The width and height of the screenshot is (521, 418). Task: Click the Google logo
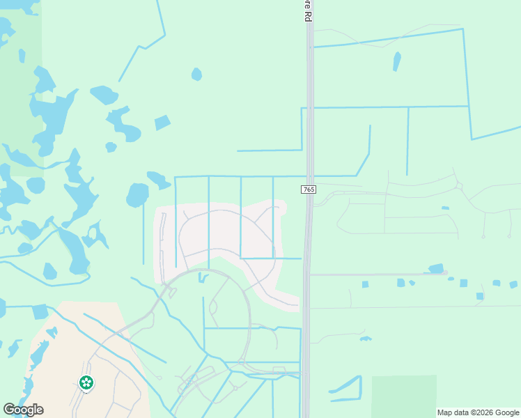(x=23, y=410)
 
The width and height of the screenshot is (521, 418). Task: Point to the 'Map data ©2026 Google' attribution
(x=478, y=412)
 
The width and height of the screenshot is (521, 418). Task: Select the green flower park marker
(x=86, y=382)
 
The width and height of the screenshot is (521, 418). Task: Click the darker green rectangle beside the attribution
(x=404, y=394)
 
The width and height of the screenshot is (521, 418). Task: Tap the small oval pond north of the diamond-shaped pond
(x=196, y=74)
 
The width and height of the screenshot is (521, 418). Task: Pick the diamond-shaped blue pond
(x=162, y=123)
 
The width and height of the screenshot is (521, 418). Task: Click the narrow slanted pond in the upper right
(x=396, y=61)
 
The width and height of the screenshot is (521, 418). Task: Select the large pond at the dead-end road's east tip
(x=436, y=268)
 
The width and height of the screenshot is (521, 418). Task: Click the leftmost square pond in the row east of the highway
(x=365, y=284)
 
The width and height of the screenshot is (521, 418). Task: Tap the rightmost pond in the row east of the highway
(x=513, y=284)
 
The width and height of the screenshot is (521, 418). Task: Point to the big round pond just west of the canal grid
(x=137, y=195)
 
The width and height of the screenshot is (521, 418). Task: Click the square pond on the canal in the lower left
(x=40, y=311)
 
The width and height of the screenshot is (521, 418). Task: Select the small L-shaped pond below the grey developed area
(x=202, y=278)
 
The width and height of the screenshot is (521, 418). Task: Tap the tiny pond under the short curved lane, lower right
(x=366, y=339)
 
